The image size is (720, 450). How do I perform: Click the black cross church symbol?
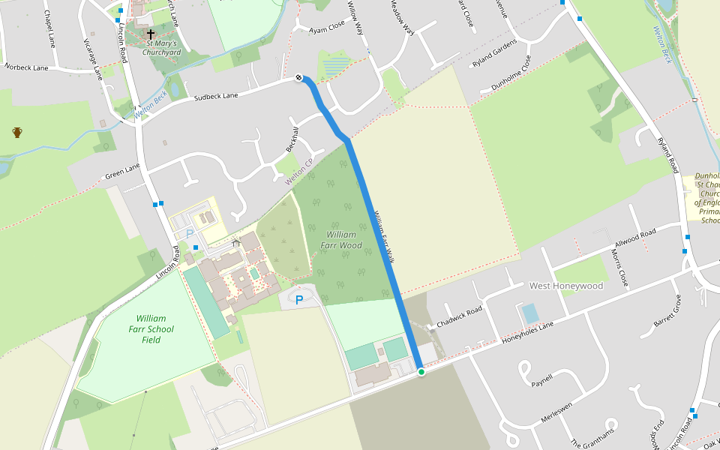[x=151, y=34]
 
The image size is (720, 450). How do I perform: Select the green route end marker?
[x=421, y=372]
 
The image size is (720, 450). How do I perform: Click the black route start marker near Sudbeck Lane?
[x=299, y=77]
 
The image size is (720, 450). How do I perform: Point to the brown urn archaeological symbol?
[x=17, y=133]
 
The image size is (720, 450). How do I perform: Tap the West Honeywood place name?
[x=566, y=286]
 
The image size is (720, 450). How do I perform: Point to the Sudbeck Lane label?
[x=215, y=96]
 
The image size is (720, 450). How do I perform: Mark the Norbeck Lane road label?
[x=26, y=67]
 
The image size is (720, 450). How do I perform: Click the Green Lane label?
[x=122, y=172]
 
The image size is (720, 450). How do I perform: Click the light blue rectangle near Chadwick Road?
[x=529, y=313]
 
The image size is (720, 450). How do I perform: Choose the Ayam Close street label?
[x=327, y=27]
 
